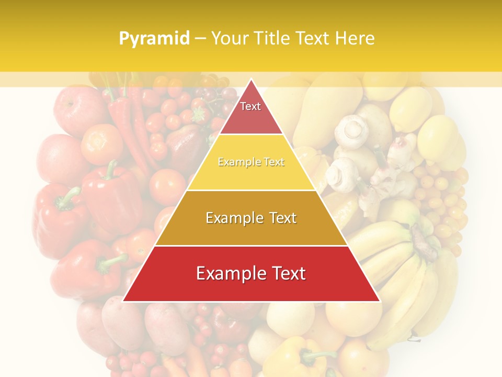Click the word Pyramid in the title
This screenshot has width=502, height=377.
click(x=154, y=39)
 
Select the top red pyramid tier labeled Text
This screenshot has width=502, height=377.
click(x=251, y=113)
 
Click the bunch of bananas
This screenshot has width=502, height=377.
click(x=397, y=262)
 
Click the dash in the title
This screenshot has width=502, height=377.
click(x=200, y=39)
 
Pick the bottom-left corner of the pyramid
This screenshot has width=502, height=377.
click(x=123, y=301)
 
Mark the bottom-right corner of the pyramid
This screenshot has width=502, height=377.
click(x=380, y=301)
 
